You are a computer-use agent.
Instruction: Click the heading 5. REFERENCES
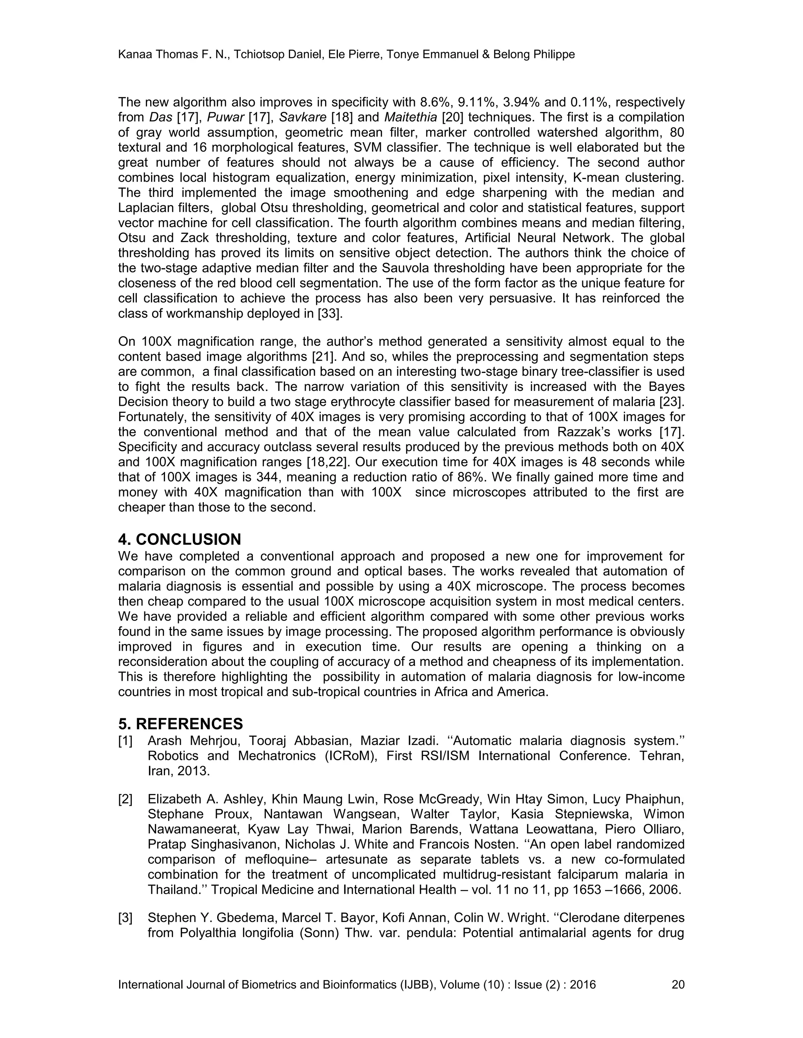click(180, 724)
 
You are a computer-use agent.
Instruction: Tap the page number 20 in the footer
click(678, 985)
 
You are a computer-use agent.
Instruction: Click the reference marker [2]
click(125, 799)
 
